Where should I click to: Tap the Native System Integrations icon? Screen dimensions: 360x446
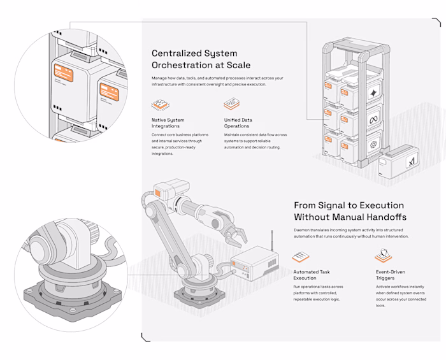point(159,104)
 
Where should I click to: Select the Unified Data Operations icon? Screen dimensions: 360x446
point(232,104)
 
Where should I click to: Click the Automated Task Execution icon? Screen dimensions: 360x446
point(301,257)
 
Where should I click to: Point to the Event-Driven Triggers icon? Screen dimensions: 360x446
point(383,256)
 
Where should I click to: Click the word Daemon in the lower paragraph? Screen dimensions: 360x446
point(305,228)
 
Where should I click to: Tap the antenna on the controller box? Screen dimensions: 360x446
point(272,241)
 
